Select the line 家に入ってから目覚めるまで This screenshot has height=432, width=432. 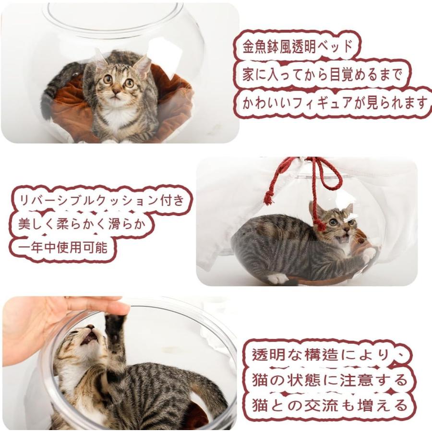pos(322,75)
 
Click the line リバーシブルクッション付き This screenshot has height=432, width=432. pos(101,200)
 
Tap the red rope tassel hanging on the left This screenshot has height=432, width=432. pos(269,197)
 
